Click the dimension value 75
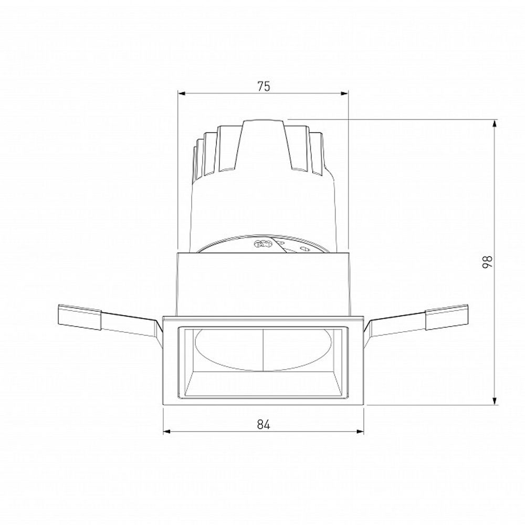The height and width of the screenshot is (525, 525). point(264,87)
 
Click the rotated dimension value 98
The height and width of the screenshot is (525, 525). point(487,262)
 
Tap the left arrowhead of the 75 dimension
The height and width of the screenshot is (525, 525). point(182,94)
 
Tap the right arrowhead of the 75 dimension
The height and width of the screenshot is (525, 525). point(345,94)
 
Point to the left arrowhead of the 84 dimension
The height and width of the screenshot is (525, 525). point(167,432)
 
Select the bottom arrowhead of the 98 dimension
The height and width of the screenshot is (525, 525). point(495,402)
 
